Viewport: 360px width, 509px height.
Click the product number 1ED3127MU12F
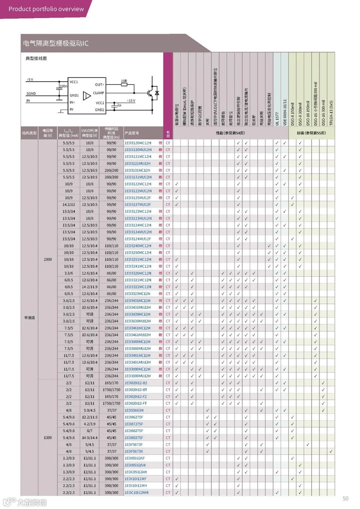click(138, 205)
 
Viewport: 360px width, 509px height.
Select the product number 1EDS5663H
click(134, 410)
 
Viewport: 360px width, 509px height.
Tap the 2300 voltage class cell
click(48, 259)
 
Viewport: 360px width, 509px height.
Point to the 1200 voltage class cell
click(48, 438)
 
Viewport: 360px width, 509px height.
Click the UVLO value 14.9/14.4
click(90, 438)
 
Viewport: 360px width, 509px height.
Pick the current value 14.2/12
click(69, 205)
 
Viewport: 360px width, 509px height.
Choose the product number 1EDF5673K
click(134, 451)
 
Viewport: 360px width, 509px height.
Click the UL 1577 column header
click(277, 119)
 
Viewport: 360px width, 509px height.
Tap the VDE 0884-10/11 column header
click(285, 112)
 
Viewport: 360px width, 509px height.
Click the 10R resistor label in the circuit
click(124, 81)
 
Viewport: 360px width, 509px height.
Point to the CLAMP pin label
click(99, 93)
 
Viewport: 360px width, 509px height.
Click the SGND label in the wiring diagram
click(31, 94)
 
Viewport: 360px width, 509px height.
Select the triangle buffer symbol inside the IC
click(87, 96)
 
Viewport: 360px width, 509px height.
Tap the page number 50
click(345, 499)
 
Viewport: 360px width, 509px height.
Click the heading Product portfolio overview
click(46, 9)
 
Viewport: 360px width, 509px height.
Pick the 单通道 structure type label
click(29, 318)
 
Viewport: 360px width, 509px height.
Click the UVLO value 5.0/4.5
click(90, 410)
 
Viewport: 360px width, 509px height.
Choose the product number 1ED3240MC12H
click(138, 246)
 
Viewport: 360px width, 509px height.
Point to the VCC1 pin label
click(74, 82)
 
